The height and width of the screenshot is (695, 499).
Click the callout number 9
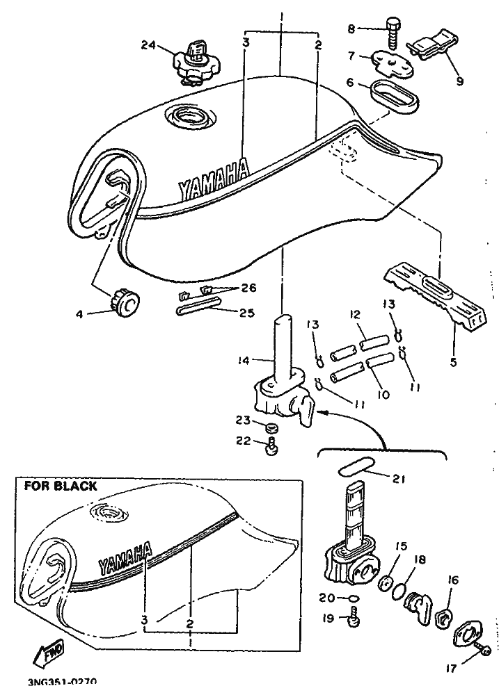(x=459, y=80)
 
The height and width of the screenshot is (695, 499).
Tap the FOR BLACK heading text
(x=61, y=486)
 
